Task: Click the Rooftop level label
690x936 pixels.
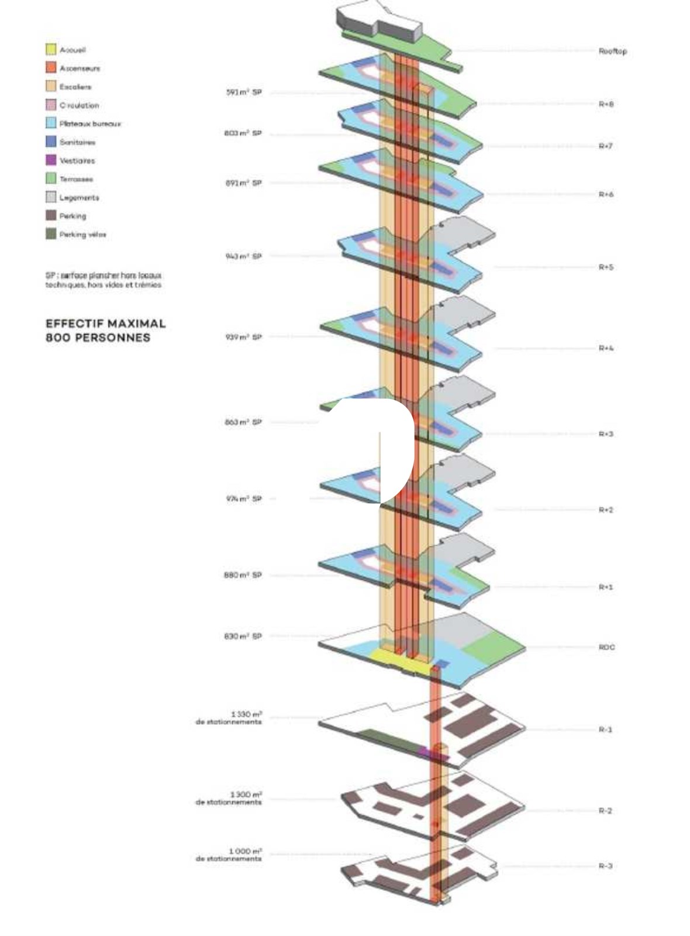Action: pyautogui.click(x=612, y=51)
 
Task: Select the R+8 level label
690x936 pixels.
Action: pyautogui.click(x=606, y=104)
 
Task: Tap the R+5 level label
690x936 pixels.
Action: pyautogui.click(x=606, y=267)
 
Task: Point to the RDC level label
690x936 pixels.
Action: pyautogui.click(x=606, y=648)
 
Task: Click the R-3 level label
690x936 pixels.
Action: pyautogui.click(x=605, y=866)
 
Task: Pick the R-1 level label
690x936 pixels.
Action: pyautogui.click(x=605, y=729)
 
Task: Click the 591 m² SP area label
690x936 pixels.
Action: pyautogui.click(x=244, y=92)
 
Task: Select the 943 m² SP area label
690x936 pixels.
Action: pyautogui.click(x=244, y=256)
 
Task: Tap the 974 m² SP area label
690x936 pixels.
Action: pyautogui.click(x=244, y=499)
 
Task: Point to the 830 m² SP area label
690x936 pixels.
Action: pyautogui.click(x=243, y=636)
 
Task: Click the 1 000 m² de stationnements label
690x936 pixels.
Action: pyautogui.click(x=229, y=855)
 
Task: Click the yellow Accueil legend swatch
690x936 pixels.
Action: pyautogui.click(x=51, y=50)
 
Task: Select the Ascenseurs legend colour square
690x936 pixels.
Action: pyautogui.click(x=51, y=68)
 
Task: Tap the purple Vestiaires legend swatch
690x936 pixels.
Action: pyautogui.click(x=51, y=160)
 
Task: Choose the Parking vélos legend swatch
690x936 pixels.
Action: pyautogui.click(x=51, y=234)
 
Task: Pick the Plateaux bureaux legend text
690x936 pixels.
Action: pyautogui.click(x=90, y=124)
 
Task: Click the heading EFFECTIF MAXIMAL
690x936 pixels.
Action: pyautogui.click(x=105, y=324)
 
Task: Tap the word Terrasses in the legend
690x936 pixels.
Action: pyautogui.click(x=76, y=179)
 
